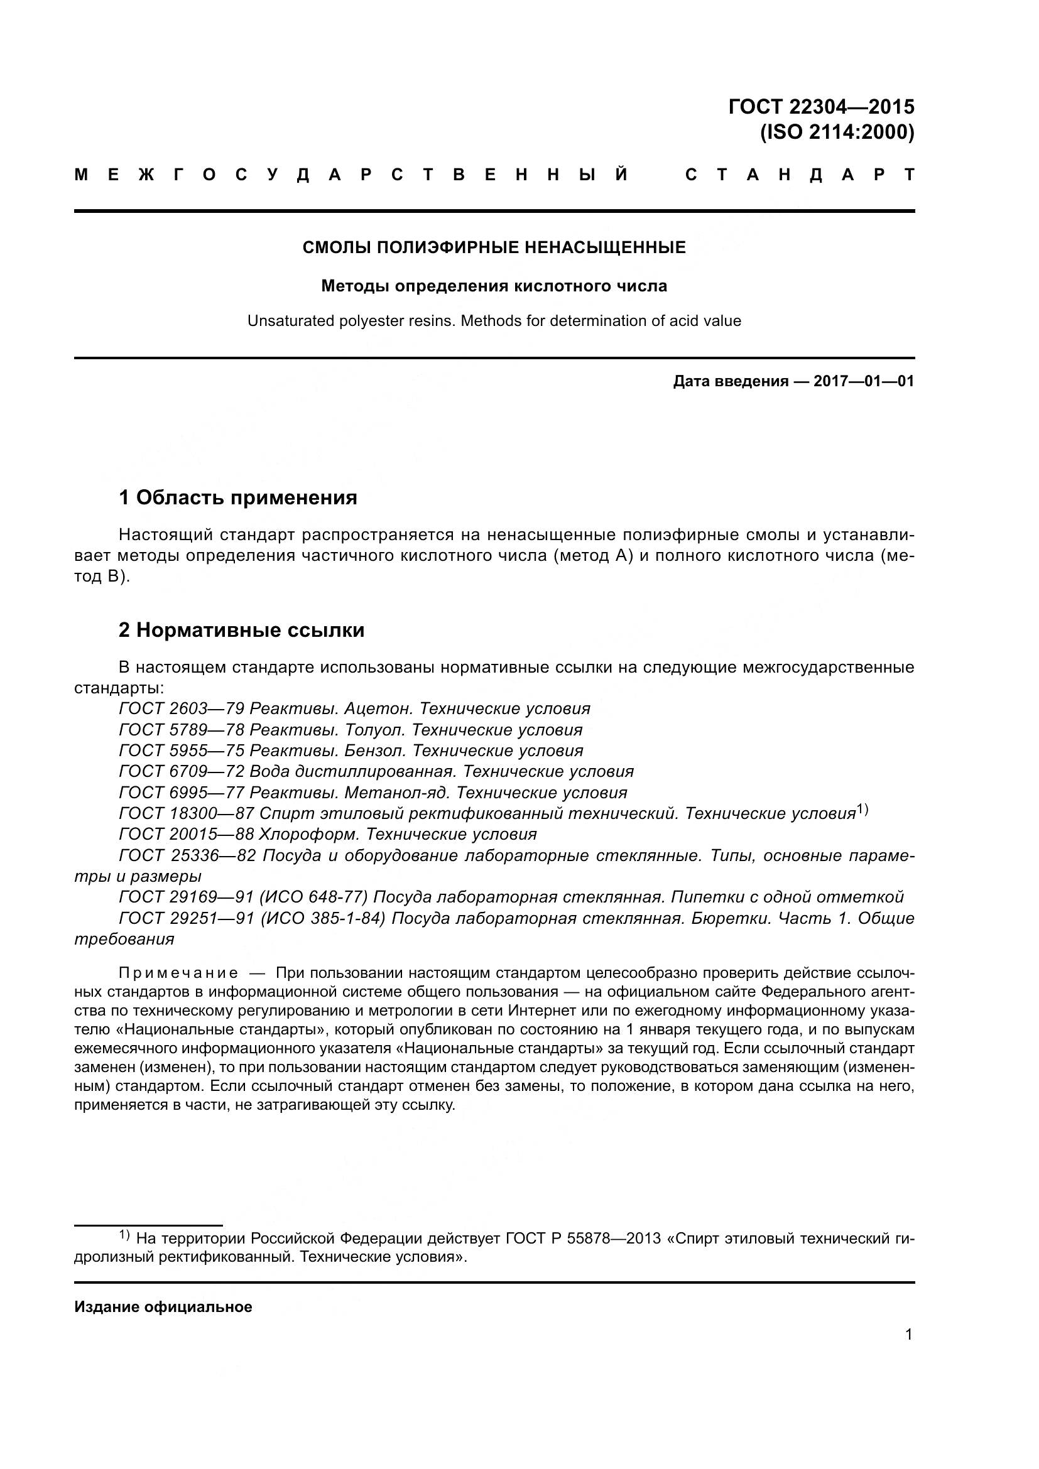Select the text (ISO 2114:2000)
(x=837, y=133)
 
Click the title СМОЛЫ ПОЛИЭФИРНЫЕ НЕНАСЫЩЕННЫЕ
(x=494, y=247)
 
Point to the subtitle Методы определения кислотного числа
(x=494, y=286)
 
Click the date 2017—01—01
(x=864, y=382)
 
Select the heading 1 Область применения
(x=238, y=497)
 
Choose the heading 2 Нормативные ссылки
(x=242, y=630)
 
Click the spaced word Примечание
(x=178, y=973)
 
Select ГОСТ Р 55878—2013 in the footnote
(x=583, y=1239)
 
